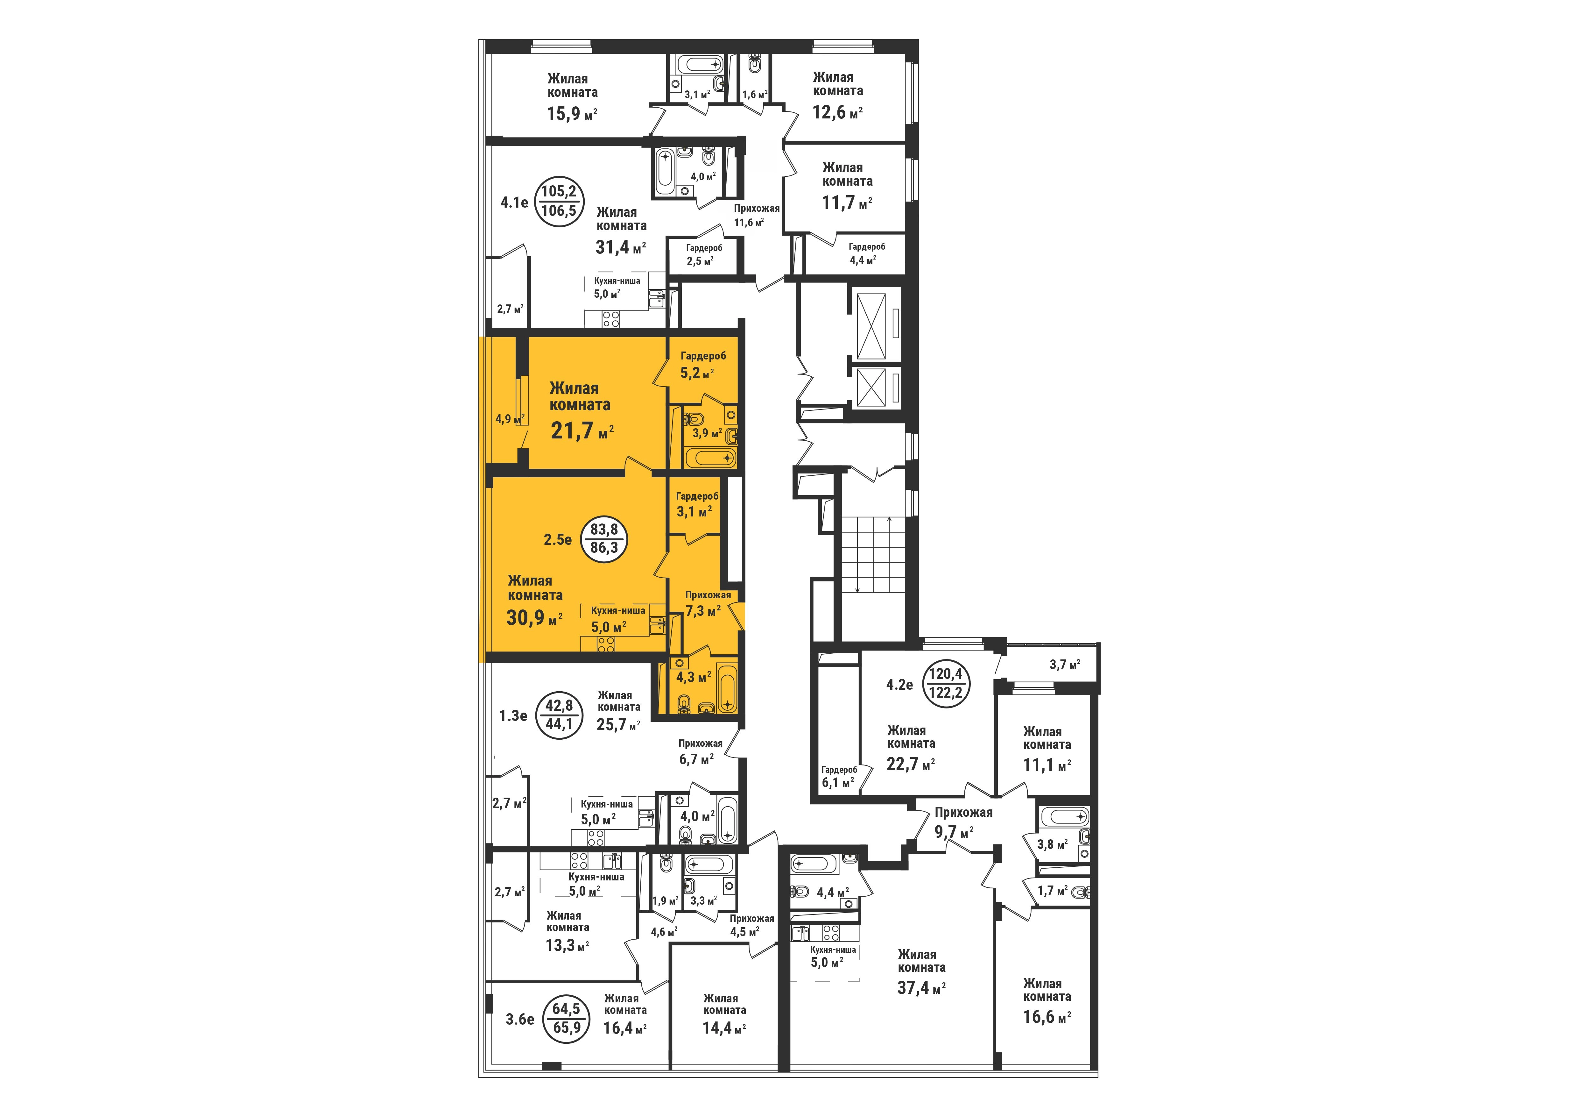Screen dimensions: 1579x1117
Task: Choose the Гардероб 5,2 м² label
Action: pos(703,365)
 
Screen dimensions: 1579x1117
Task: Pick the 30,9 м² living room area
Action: pos(534,617)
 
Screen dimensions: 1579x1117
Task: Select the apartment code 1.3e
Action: pos(513,715)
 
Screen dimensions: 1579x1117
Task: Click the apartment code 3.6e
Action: pos(520,1019)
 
